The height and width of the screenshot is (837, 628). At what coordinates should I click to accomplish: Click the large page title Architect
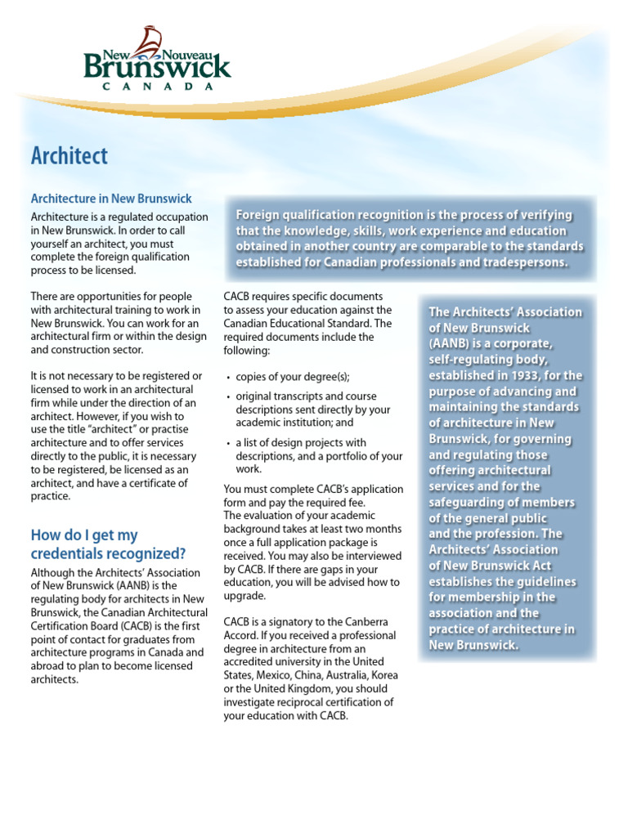69,155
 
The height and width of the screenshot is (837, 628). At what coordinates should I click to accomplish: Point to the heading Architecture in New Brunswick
111,199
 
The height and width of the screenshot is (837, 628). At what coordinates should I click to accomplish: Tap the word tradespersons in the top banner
521,262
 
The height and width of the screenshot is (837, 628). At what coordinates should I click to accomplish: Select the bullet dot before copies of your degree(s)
227,378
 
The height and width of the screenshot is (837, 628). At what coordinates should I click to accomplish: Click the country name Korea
385,676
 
